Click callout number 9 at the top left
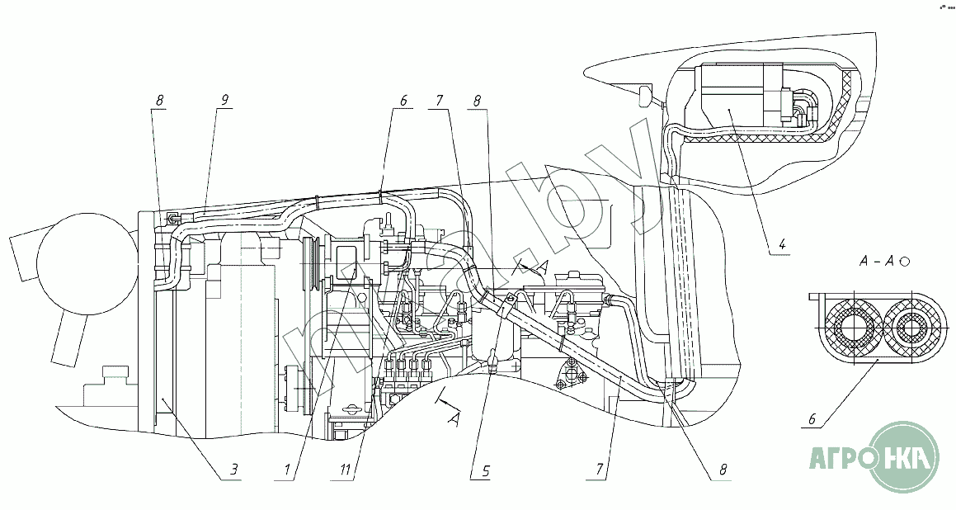[x=224, y=100]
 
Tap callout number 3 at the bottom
[x=234, y=470]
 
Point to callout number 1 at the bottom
[x=287, y=470]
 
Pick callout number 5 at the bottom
[x=486, y=470]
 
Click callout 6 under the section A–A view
[x=812, y=418]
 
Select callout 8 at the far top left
[x=160, y=100]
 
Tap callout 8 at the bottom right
[x=723, y=471]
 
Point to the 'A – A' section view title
[x=877, y=262]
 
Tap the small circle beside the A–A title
[x=906, y=262]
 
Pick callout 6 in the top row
[x=403, y=100]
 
